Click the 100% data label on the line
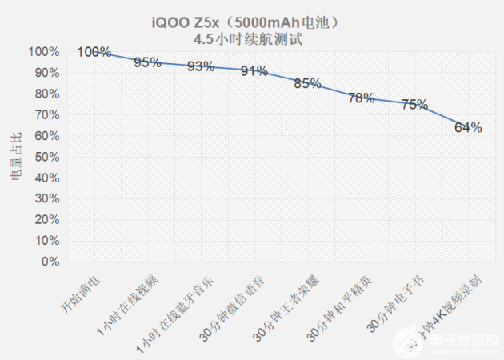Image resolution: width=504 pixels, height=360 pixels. click(x=94, y=53)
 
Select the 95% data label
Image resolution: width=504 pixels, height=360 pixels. click(x=148, y=62)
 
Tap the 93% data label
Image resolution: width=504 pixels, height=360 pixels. click(x=201, y=67)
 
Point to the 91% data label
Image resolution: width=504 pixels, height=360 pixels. click(x=254, y=71)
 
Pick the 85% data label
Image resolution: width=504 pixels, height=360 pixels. click(x=307, y=83)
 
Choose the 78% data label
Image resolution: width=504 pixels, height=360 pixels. click(x=361, y=98)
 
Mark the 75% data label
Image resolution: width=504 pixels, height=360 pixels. click(x=414, y=104)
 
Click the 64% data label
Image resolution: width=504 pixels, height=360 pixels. click(x=468, y=127)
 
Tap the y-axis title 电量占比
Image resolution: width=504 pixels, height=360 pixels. click(x=16, y=157)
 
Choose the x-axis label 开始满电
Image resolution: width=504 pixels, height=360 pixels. click(x=79, y=294)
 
